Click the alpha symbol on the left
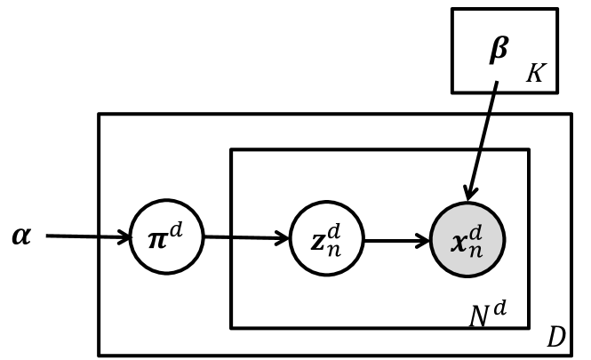point(21,236)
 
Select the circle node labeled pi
point(166,237)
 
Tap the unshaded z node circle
point(326,238)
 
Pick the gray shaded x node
point(467,240)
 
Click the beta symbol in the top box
point(499,50)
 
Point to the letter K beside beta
point(535,74)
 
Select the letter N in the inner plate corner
point(479,315)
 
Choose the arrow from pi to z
point(246,238)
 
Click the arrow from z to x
point(396,240)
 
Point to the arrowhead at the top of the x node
point(470,192)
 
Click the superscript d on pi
point(176,228)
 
